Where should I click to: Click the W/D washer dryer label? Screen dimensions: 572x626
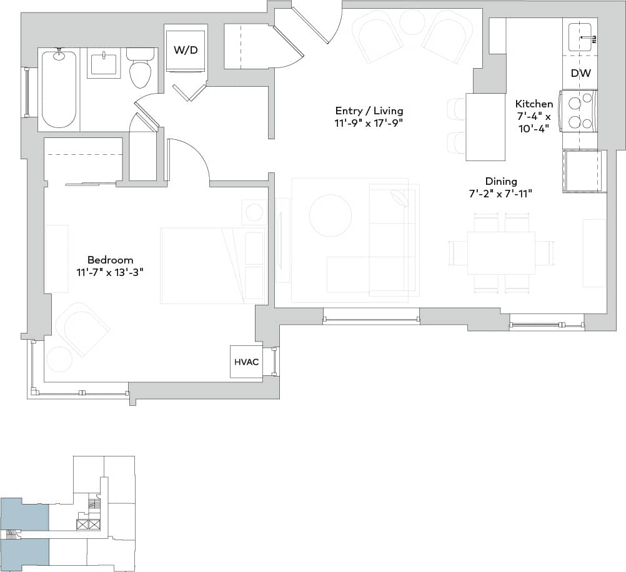click(x=185, y=50)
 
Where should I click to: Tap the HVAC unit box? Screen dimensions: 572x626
click(x=246, y=362)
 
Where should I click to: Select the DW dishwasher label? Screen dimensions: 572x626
click(x=579, y=73)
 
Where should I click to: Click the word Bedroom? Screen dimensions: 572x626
click(x=110, y=260)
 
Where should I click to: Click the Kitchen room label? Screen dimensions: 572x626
click(x=534, y=104)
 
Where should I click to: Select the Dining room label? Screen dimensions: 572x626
click(x=500, y=182)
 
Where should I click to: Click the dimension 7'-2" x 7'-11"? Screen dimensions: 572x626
click(x=500, y=194)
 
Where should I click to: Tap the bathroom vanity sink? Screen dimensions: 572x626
click(x=103, y=64)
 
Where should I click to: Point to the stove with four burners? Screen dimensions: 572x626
click(x=579, y=111)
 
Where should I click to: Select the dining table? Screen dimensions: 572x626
click(x=501, y=253)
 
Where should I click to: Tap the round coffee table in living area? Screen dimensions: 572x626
click(x=330, y=215)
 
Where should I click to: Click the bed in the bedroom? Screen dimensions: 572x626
click(x=212, y=265)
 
